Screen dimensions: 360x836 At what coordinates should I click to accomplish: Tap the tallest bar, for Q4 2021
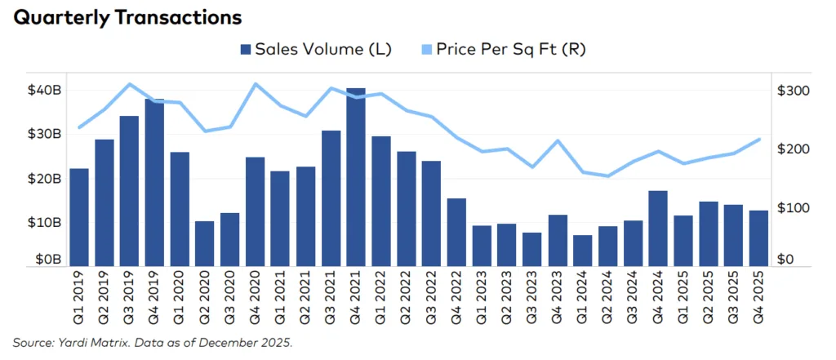[356, 176]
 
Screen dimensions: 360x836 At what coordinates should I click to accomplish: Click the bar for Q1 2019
[79, 216]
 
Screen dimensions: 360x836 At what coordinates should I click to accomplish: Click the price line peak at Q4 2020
[256, 83]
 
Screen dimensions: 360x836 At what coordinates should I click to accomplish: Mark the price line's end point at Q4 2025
[758, 139]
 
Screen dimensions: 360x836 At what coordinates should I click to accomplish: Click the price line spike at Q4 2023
[558, 140]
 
